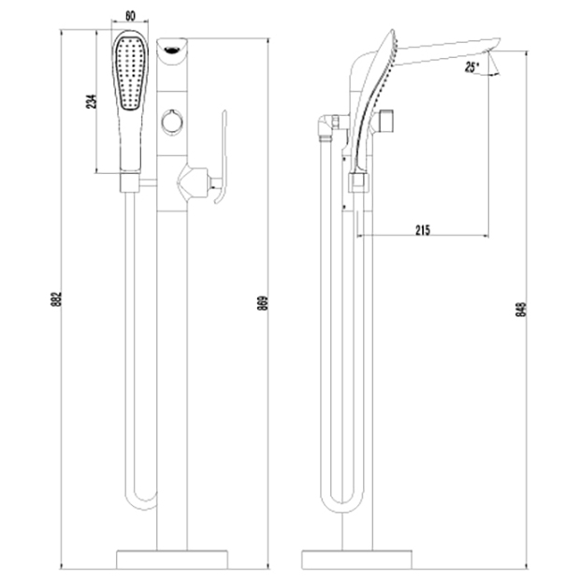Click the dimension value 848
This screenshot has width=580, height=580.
pos(520,309)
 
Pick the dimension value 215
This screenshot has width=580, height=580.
pos(421,230)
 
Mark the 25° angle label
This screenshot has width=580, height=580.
pos(472,66)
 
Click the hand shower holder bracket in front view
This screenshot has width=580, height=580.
pos(130,183)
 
